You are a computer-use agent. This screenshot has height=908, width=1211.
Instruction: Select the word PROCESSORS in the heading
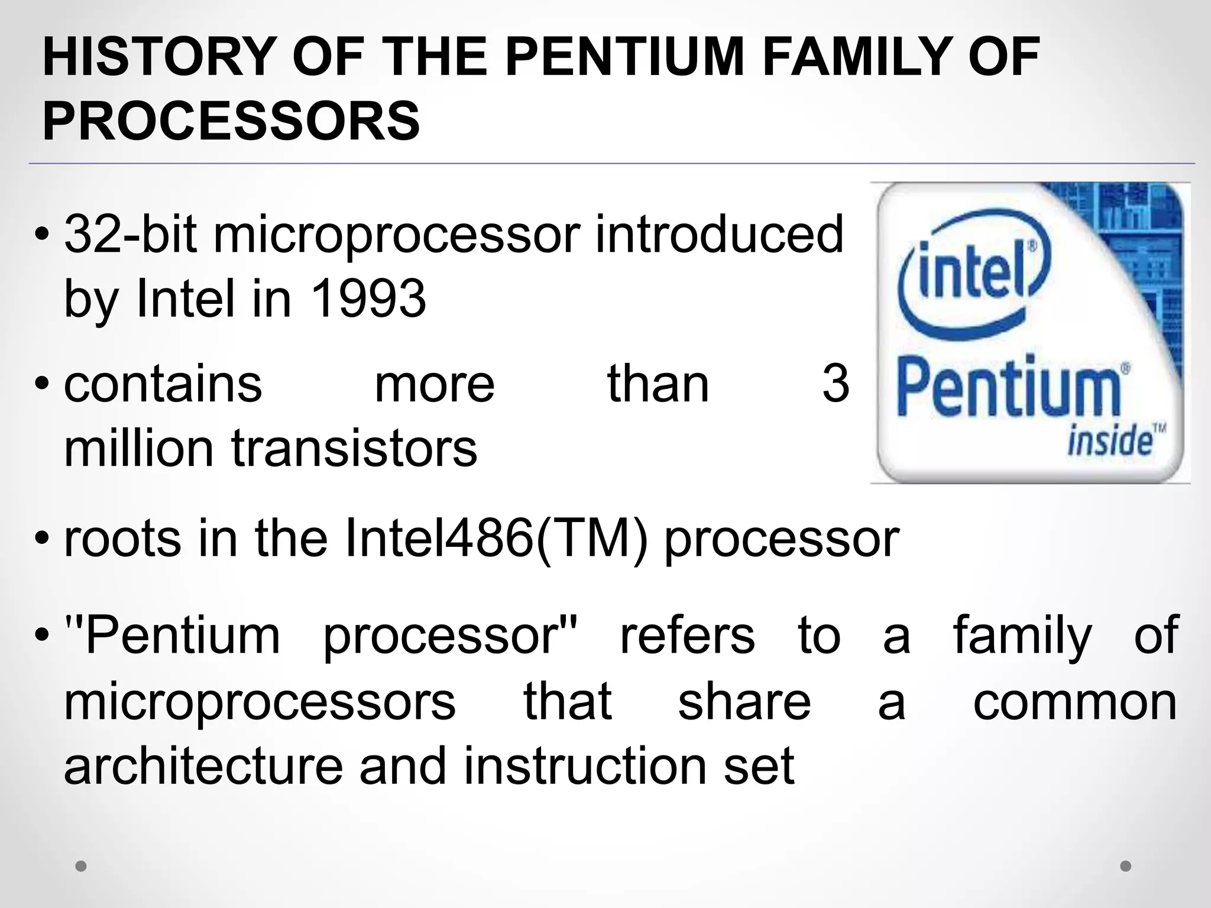tap(231, 121)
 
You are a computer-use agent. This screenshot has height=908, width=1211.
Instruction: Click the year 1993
tap(368, 299)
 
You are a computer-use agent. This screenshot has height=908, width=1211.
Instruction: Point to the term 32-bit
tap(130, 235)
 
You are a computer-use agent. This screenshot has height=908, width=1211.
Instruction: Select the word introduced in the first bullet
tap(719, 235)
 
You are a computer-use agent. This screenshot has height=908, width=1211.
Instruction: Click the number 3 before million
tap(836, 384)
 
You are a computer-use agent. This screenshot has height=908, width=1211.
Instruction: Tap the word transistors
tap(354, 448)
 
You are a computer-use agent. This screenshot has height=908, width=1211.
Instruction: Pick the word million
tap(138, 448)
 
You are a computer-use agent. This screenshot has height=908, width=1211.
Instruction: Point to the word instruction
tap(585, 766)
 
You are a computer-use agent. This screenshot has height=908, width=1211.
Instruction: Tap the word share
tap(744, 702)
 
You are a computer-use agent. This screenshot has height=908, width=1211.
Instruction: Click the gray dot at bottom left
tap(81, 866)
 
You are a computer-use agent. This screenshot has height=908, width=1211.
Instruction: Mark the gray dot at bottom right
tap(1126, 866)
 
